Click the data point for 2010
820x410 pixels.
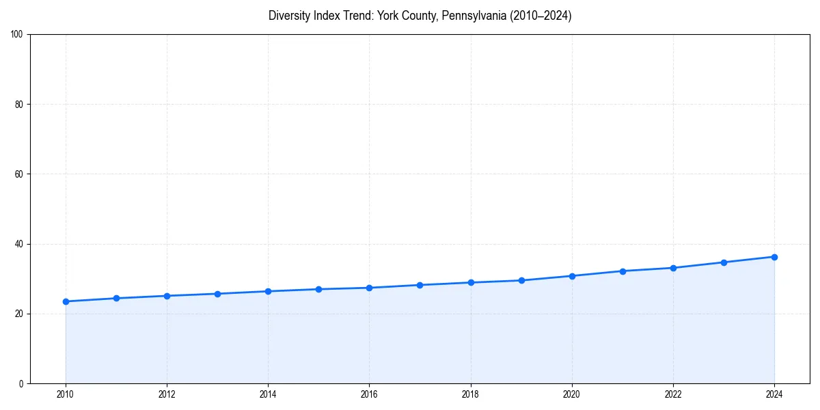[66, 301]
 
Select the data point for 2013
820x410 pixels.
[217, 294]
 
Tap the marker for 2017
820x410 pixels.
[420, 285]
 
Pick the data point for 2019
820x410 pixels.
[521, 280]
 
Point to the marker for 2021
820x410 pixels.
[623, 271]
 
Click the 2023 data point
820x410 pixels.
[724, 262]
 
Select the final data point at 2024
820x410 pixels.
[774, 257]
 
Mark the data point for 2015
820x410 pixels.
[318, 289]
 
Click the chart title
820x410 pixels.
[420, 16]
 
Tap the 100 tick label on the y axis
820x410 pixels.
[18, 35]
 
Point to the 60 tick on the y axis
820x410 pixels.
[20, 174]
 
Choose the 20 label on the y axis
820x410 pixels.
[20, 314]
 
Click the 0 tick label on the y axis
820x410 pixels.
[22, 383]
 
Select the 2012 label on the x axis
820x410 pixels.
[167, 394]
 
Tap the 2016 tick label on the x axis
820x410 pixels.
[369, 394]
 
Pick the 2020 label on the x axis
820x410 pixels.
[572, 394]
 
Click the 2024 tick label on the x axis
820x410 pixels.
[774, 394]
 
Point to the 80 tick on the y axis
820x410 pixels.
[20, 105]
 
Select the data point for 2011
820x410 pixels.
[116, 298]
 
